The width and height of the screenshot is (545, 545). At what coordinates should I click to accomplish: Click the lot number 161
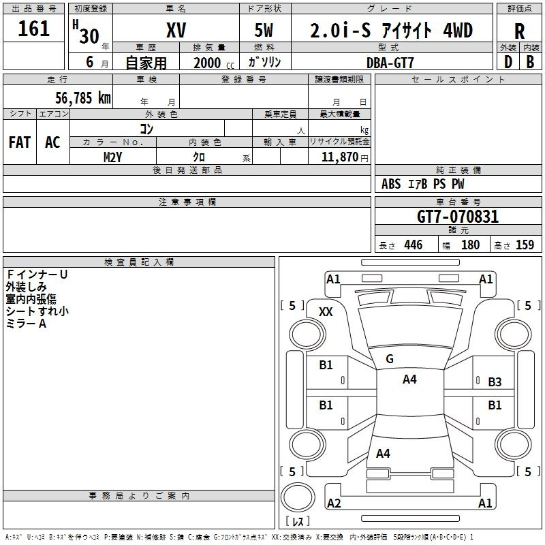click(x=33, y=29)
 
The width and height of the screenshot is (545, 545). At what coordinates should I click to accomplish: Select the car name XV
click(x=176, y=31)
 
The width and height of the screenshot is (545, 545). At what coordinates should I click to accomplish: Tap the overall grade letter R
click(x=519, y=31)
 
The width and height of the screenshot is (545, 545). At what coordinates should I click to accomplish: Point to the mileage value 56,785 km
click(x=83, y=98)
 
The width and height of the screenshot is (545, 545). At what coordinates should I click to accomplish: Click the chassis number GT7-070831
click(x=458, y=217)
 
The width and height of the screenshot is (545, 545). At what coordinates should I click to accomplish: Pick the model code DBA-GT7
click(x=390, y=63)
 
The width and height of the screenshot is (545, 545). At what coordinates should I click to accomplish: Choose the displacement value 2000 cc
click(x=214, y=63)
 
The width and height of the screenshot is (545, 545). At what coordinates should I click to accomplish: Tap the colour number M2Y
click(x=112, y=157)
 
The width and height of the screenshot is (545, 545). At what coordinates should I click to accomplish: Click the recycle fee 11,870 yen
click(x=345, y=157)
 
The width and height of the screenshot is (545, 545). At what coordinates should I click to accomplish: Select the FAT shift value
click(x=20, y=142)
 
